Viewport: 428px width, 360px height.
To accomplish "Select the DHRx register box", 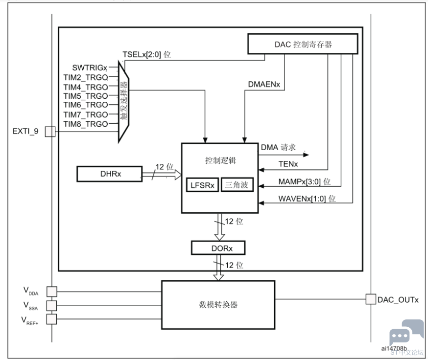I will tap(109, 174).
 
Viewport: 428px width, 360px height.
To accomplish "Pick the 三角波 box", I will tap(238, 184).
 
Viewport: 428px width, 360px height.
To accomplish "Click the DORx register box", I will tap(218, 248).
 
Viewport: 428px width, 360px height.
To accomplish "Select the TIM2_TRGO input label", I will tap(86, 77).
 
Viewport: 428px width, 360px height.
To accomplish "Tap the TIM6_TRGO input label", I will tap(86, 105).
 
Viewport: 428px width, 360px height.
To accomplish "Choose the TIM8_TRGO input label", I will tap(86, 124).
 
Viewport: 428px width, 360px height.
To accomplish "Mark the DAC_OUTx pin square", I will tap(371, 298).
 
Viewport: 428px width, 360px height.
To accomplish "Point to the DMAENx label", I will tap(264, 85).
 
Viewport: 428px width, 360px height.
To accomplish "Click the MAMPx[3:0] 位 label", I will tap(304, 182).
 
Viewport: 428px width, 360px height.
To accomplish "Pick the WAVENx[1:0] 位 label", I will tap(307, 199).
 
